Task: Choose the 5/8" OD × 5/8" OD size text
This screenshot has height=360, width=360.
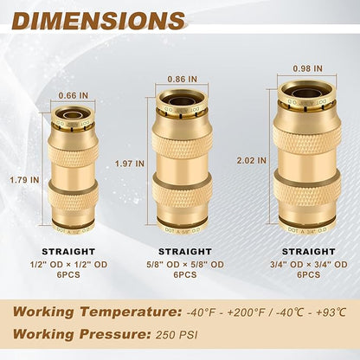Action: pos(183,264)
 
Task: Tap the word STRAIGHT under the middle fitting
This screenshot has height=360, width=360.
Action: pos(183,254)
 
